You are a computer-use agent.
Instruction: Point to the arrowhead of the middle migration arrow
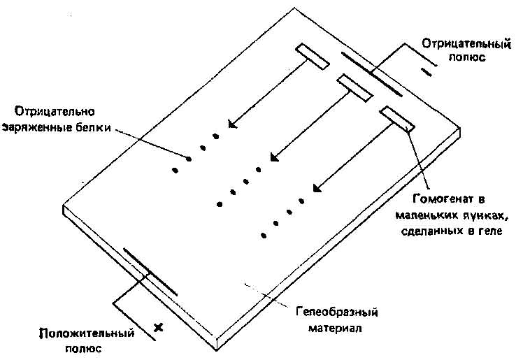pos(271,158)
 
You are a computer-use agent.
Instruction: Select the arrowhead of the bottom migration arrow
pos(314,189)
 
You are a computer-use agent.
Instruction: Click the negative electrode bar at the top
pos(370,73)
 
